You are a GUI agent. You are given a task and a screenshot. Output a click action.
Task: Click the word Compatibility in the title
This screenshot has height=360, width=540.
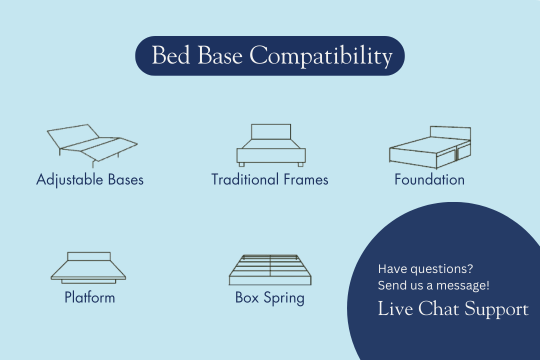[x=321, y=56]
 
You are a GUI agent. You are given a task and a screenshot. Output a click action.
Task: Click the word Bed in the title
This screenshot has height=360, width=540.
[x=171, y=55]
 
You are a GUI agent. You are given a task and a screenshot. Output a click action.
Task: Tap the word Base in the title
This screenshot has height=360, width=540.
[x=219, y=55]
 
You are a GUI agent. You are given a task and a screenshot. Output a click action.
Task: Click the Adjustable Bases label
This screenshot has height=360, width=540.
[x=90, y=180]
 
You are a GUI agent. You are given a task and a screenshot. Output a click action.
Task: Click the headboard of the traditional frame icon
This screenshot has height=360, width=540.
[x=271, y=131]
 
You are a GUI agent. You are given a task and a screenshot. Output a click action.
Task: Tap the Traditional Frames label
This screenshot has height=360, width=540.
[x=269, y=179]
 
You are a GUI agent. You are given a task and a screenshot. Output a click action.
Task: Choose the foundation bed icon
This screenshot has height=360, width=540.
[x=430, y=147]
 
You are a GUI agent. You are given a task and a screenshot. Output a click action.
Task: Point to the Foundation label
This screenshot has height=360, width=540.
[x=429, y=179]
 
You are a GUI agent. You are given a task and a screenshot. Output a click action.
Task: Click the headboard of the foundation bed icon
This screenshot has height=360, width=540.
[x=450, y=133]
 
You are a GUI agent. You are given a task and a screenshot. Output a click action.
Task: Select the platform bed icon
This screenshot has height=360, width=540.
[x=88, y=267]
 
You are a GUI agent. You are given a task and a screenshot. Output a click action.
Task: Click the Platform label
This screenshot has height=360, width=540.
[x=89, y=297]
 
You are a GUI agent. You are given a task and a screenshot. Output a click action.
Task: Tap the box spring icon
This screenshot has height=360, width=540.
[x=270, y=269]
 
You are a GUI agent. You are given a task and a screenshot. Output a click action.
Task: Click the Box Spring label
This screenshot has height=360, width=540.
[x=269, y=298]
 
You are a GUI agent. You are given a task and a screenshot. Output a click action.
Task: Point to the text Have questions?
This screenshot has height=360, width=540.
[x=425, y=268]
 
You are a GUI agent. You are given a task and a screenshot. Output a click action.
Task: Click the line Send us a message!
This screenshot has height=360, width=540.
[x=433, y=285]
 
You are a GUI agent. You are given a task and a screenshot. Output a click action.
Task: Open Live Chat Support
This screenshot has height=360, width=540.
[x=453, y=308]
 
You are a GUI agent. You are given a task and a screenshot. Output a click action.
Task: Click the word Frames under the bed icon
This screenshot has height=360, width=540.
[x=306, y=179]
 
